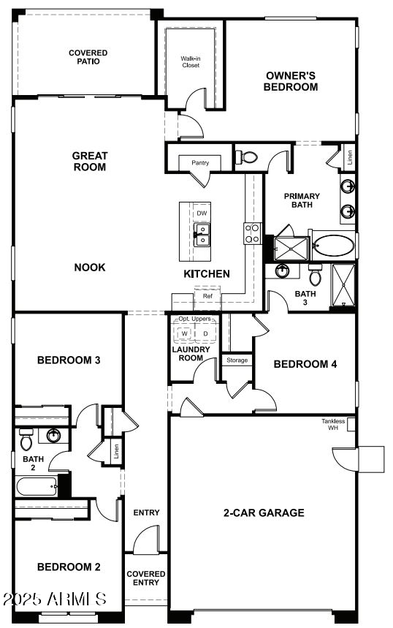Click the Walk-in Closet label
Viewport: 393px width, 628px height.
[190, 61]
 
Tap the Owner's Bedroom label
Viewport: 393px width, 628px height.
[291, 81]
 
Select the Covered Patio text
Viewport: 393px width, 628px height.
[88, 57]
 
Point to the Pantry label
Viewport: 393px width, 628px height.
[200, 162]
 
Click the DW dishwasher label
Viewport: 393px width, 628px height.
[202, 213]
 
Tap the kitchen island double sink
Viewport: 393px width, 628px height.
[202, 234]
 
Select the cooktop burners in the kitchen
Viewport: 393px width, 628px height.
[253, 233]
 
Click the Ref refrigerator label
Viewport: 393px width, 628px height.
[207, 296]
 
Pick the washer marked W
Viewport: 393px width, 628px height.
[185, 333]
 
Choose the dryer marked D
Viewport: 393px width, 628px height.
[205, 333]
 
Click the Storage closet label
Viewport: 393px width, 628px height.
[237, 360]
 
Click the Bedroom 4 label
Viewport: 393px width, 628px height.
[305, 364]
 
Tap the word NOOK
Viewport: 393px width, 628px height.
[89, 268]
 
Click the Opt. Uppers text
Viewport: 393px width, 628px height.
[194, 319]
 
